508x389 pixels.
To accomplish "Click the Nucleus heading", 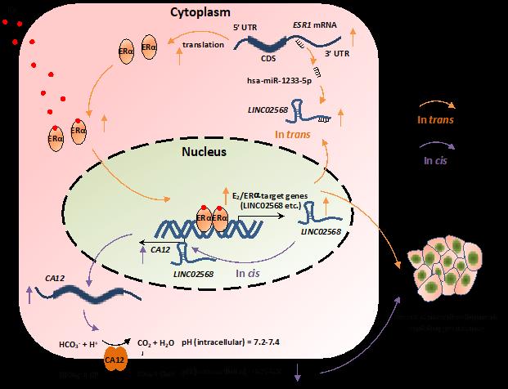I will [x=203, y=153].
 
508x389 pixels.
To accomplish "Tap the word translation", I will [x=205, y=44].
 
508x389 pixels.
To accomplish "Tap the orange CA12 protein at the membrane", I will [x=114, y=360].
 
